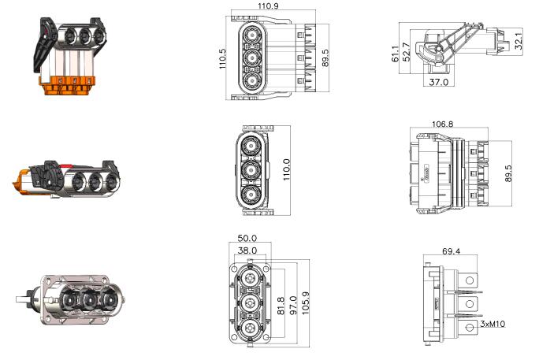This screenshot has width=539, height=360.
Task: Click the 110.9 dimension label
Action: coord(268,6)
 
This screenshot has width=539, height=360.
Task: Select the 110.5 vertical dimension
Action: coord(222,58)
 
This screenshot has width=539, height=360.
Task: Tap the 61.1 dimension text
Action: coord(396,54)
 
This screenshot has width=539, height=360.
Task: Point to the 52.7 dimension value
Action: coord(406,52)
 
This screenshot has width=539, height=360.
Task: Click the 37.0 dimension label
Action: coord(439,82)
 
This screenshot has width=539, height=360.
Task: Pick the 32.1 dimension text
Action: coord(519,39)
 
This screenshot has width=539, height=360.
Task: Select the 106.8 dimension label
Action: coord(442,124)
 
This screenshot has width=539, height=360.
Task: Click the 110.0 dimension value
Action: coord(286,169)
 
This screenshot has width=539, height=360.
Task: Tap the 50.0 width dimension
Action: coord(247,238)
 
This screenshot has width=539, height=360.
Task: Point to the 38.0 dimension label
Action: coord(247,251)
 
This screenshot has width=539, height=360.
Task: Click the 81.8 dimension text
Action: coord(281,306)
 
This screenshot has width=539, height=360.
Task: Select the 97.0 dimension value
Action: coord(293,306)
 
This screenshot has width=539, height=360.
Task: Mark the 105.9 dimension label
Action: coord(305,303)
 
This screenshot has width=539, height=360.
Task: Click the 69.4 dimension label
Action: coord(451,251)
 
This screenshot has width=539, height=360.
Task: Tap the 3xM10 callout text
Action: coord(493,324)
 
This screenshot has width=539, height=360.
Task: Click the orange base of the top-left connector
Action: coord(67,86)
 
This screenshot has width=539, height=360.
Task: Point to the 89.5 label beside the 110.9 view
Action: coord(325,58)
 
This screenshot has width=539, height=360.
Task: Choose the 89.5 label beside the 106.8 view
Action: coord(508,173)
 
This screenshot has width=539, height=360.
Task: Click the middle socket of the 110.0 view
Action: coord(251,170)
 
